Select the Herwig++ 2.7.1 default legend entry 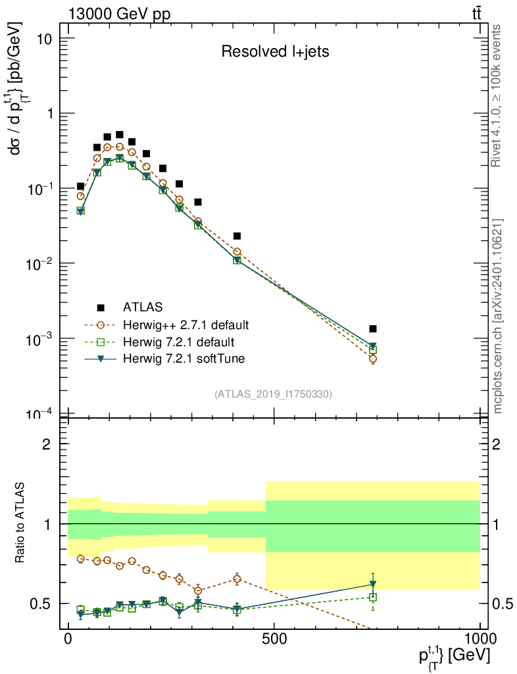tap(185, 325)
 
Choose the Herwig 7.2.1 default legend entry tap(179, 342)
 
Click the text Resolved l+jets tap(275, 52)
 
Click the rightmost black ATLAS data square tap(373, 328)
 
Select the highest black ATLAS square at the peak tap(120, 134)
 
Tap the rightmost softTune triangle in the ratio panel tap(373, 584)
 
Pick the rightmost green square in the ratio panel tap(373, 597)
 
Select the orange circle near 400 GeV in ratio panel tap(237, 579)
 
